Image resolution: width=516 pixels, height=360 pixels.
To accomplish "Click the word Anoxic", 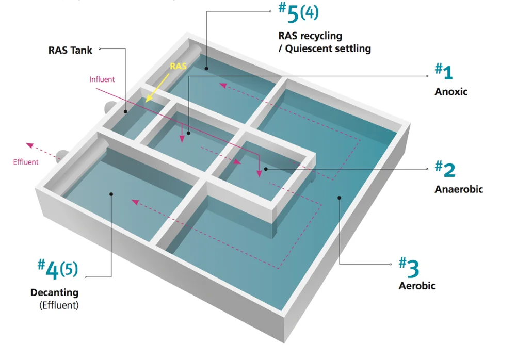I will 451,92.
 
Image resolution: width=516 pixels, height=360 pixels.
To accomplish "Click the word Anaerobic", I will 459,189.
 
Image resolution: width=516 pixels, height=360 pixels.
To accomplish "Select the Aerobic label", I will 417,285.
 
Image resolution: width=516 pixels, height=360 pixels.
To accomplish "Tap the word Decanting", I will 54,292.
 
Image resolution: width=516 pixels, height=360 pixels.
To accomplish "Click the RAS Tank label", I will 70,50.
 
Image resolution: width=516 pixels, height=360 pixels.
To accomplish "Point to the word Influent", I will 102,79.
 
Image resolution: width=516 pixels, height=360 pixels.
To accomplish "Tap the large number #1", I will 444,72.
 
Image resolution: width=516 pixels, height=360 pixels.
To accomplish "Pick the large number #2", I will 445,168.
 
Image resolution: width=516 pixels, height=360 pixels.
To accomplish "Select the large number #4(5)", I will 57,269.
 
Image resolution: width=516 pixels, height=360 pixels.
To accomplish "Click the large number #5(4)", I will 298,14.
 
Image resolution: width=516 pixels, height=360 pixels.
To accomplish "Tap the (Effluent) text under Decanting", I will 59,305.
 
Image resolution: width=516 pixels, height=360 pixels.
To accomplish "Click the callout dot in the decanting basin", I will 111,194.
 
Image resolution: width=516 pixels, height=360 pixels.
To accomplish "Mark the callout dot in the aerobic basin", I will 340,197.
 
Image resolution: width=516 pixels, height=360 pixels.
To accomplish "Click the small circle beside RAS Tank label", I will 99,50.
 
